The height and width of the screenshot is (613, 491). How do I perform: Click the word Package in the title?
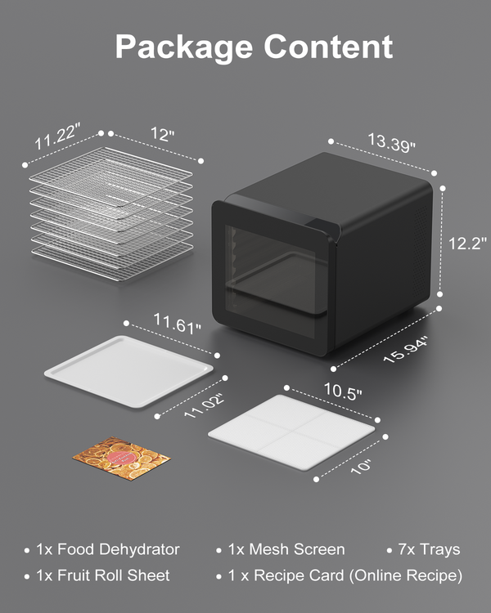(x=183, y=47)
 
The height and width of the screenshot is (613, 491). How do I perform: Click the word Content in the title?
(x=328, y=47)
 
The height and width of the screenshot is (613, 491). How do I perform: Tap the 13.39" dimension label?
(x=391, y=142)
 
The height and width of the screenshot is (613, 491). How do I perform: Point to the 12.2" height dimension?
(x=467, y=244)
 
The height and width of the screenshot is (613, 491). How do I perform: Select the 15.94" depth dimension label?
(x=406, y=349)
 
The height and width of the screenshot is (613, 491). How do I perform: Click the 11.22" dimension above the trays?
(x=57, y=136)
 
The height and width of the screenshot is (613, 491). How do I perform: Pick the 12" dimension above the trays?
(x=163, y=134)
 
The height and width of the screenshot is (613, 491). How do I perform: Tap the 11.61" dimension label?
(x=177, y=324)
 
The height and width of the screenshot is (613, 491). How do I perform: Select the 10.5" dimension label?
(x=343, y=391)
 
